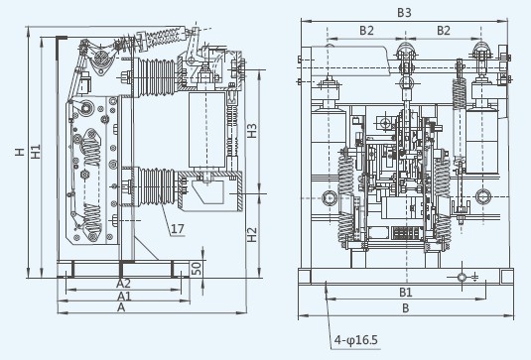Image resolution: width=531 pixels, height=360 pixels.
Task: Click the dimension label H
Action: [20, 152]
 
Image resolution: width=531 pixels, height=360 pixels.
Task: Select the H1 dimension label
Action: [36, 152]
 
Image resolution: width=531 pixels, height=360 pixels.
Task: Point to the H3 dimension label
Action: [252, 131]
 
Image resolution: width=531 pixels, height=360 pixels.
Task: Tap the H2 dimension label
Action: [252, 234]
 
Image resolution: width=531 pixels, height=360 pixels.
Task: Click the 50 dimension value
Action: [197, 268]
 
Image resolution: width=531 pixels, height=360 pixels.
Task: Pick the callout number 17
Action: [178, 229]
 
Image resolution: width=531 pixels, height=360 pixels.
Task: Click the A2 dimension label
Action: [123, 284]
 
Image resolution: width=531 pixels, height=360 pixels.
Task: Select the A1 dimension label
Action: [124, 297]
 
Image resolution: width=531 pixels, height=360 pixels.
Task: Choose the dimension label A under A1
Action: [121, 307]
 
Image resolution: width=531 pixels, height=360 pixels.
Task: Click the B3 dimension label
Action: [404, 13]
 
